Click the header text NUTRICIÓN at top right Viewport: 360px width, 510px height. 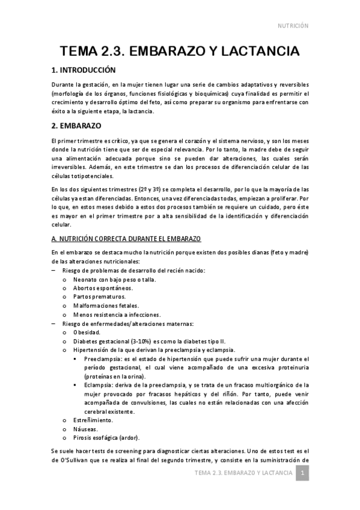point(293,26)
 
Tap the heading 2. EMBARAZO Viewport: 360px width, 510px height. point(76,126)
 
